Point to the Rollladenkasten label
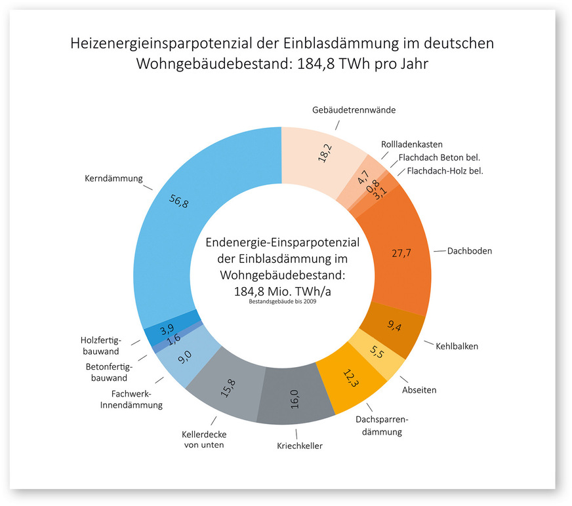point(412,144)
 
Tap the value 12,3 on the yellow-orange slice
point(350,379)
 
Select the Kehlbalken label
point(457,346)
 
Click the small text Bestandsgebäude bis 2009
point(283,302)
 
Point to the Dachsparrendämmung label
point(378,426)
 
